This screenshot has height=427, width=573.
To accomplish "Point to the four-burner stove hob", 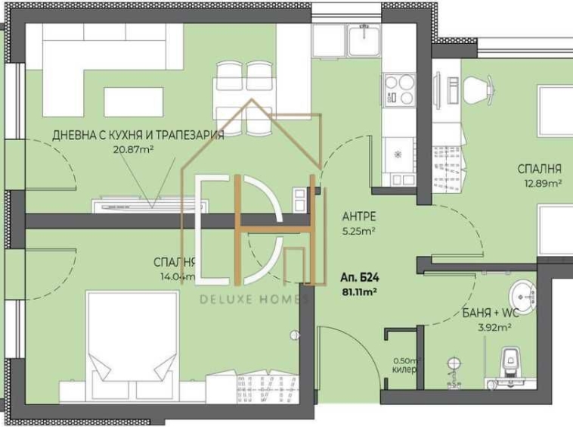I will click(x=399, y=89).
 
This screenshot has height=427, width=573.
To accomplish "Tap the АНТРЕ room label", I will click(x=358, y=216).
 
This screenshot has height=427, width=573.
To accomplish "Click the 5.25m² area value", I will click(x=358, y=232).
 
